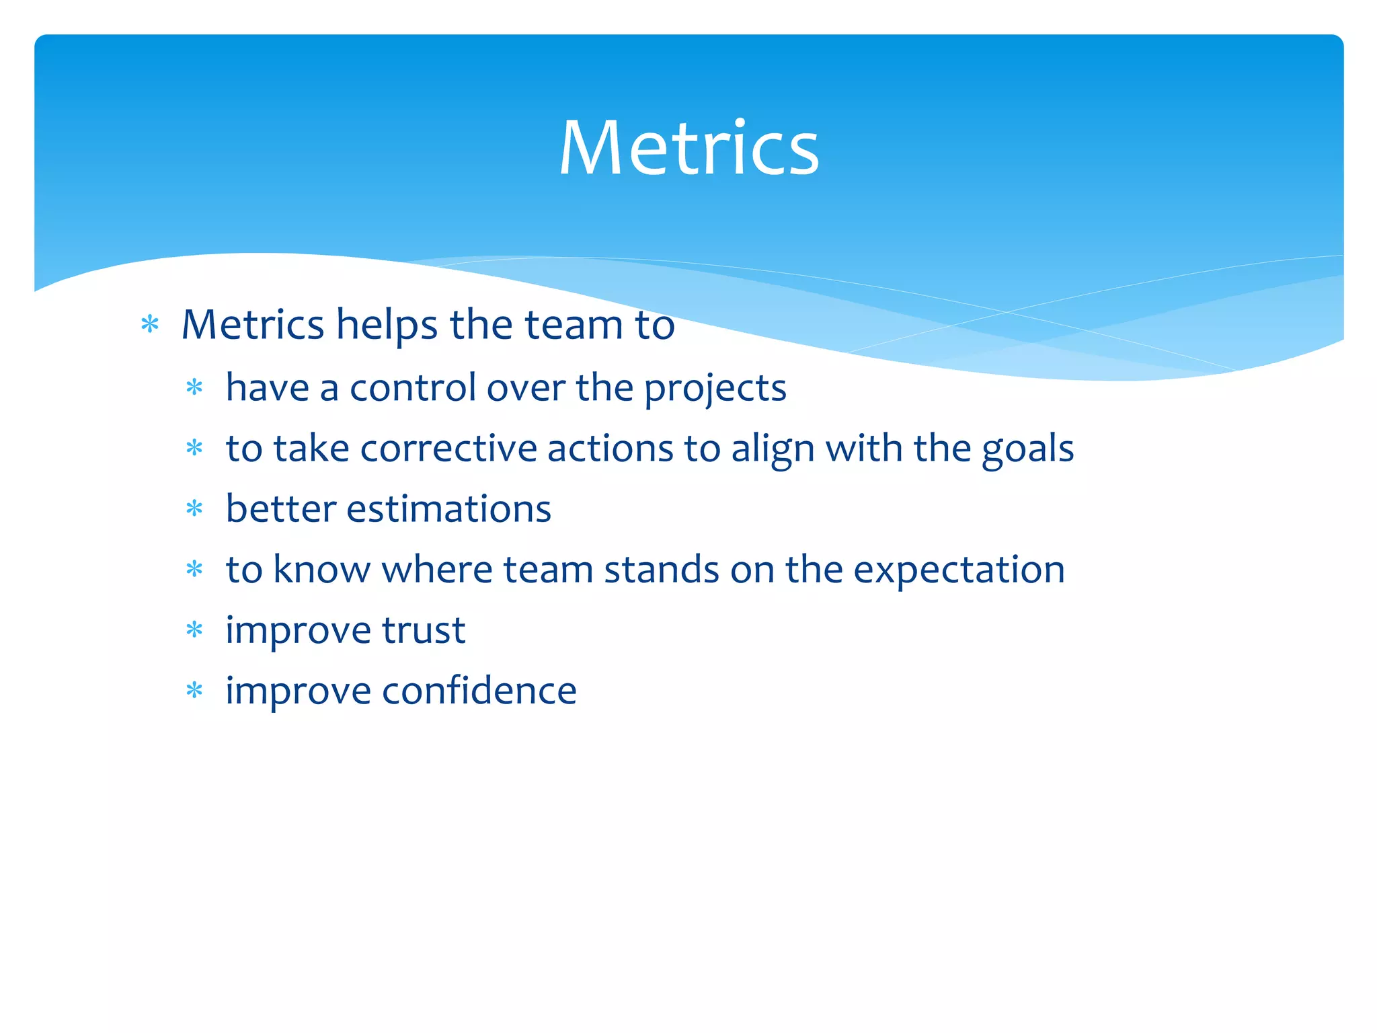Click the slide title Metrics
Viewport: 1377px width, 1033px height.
click(688, 148)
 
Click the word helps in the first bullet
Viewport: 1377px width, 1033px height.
click(387, 325)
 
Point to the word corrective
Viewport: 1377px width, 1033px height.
click(448, 449)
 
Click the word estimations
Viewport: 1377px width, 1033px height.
click(448, 509)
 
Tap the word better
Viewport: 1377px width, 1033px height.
click(280, 509)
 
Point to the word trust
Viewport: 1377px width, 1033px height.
click(424, 630)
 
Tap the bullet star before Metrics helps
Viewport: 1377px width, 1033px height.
click(150, 326)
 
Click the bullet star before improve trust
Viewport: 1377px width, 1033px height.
click(194, 630)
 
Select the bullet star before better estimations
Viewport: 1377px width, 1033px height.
click(194, 509)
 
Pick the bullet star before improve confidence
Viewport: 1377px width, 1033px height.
click(194, 691)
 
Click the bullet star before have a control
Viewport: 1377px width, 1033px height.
click(194, 388)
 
